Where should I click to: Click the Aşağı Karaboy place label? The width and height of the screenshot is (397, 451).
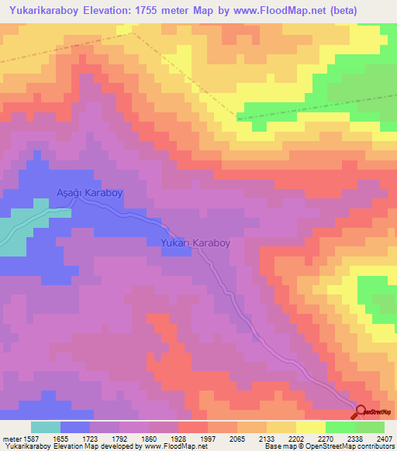tap(90, 193)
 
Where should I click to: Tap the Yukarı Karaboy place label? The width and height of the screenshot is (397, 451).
tap(195, 243)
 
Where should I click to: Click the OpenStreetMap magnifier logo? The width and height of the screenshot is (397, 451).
tap(361, 412)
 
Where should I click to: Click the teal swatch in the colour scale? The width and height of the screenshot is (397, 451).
tap(46, 427)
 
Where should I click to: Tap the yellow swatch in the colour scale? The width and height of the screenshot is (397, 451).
tap(311, 427)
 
